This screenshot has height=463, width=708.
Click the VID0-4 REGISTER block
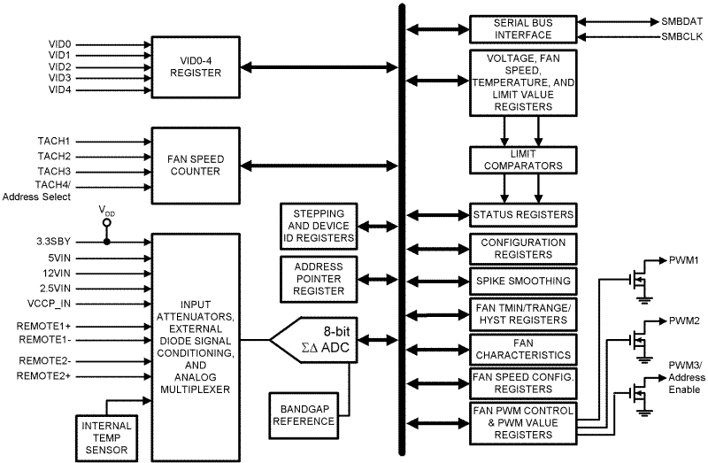click(x=195, y=66)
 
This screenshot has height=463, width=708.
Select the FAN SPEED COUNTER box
click(x=195, y=164)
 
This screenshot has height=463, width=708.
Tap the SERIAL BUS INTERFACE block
click(x=522, y=28)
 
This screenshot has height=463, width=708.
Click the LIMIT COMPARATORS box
click(x=522, y=159)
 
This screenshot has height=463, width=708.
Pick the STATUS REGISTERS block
click(x=522, y=215)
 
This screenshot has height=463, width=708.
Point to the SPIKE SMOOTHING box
click(x=522, y=282)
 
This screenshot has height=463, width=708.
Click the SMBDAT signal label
click(x=681, y=19)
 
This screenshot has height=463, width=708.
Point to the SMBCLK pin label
click(x=681, y=36)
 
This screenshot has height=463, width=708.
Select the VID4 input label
click(x=59, y=90)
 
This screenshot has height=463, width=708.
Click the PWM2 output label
click(x=684, y=320)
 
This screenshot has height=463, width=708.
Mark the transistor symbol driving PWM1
click(x=637, y=281)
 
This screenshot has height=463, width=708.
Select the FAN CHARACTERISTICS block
click(x=522, y=348)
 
